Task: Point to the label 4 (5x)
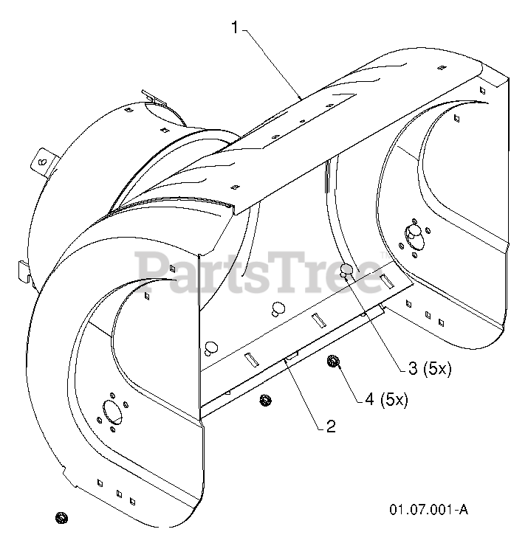tap(385, 399)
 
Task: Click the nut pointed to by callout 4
tap(332, 361)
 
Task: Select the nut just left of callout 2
tap(265, 400)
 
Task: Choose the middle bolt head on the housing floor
tap(278, 307)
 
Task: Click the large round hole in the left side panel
tap(113, 411)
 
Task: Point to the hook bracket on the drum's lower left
tap(24, 270)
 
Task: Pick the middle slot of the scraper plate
tap(318, 319)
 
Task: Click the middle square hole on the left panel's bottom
tap(118, 492)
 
